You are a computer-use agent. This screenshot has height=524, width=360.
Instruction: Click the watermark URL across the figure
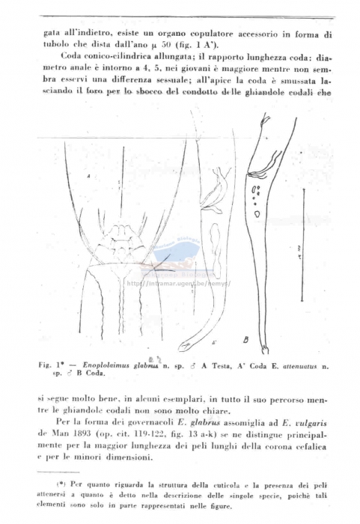pyautogui.click(x=179, y=284)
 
